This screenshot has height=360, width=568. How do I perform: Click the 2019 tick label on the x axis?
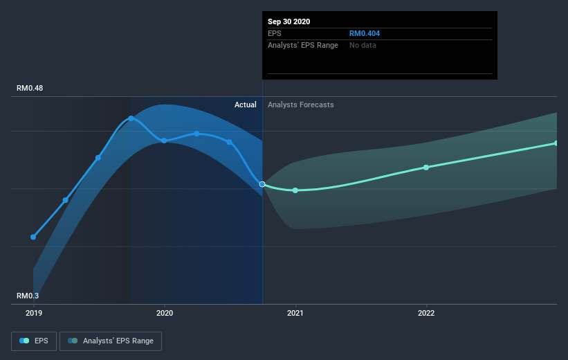pyautogui.click(x=33, y=313)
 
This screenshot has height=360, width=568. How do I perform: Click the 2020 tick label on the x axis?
pyautogui.click(x=164, y=313)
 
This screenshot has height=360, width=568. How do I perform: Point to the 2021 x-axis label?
pyautogui.click(x=295, y=313)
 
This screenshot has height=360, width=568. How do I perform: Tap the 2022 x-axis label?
pyautogui.click(x=426, y=313)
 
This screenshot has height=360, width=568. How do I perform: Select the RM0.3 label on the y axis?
pyautogui.click(x=29, y=296)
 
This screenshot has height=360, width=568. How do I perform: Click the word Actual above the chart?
pyautogui.click(x=245, y=105)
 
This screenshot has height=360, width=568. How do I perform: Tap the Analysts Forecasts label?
pyautogui.click(x=300, y=105)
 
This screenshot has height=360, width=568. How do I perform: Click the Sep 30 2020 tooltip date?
pyautogui.click(x=289, y=21)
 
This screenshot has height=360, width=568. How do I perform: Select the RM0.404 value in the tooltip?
pyautogui.click(x=364, y=33)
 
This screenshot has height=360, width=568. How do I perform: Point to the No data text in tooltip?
pyautogui.click(x=363, y=45)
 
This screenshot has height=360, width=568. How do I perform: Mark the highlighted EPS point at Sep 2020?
pyautogui.click(x=262, y=184)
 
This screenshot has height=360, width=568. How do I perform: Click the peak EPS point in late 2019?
pyautogui.click(x=131, y=118)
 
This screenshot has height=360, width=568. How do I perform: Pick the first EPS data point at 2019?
pyautogui.click(x=33, y=237)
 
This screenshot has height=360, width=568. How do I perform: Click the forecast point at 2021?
pyautogui.click(x=295, y=190)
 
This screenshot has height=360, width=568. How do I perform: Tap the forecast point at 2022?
pyautogui.click(x=426, y=167)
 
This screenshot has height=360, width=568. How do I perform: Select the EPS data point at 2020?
pyautogui.click(x=164, y=141)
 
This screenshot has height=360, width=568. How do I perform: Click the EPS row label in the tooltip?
pyautogui.click(x=275, y=33)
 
